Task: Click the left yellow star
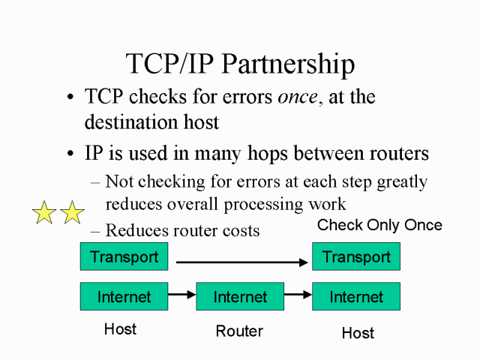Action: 45,213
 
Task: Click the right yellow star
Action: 72,213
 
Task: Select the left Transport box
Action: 124,256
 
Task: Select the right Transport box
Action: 356,256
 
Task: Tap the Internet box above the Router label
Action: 240,296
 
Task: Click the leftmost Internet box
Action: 124,296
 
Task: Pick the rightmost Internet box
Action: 356,296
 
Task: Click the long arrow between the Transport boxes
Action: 244,262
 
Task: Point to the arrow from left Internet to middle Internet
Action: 182,295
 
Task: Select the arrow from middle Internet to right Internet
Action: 298,295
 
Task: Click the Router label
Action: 239,331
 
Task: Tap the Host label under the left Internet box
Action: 120,328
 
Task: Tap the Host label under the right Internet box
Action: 358,332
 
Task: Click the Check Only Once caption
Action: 379,225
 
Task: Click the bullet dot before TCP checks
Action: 70,98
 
